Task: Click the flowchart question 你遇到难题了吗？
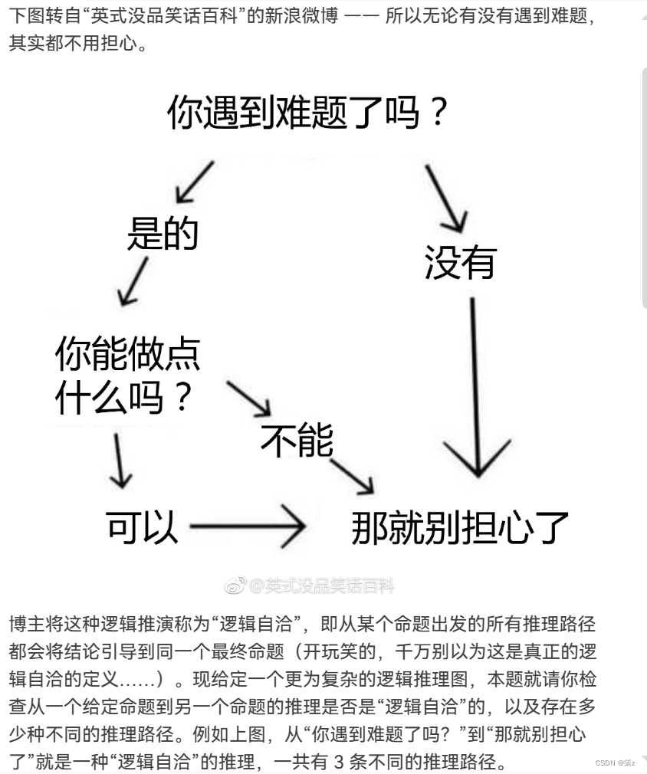click(307, 112)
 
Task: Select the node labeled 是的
click(163, 233)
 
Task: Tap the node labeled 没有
click(461, 262)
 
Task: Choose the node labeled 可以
click(143, 526)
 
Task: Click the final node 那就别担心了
click(460, 527)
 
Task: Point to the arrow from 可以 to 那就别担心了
click(247, 526)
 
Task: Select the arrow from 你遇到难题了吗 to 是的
click(194, 182)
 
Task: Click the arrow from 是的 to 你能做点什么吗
click(133, 280)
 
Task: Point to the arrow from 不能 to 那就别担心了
click(354, 475)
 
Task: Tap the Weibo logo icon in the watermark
click(235, 587)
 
